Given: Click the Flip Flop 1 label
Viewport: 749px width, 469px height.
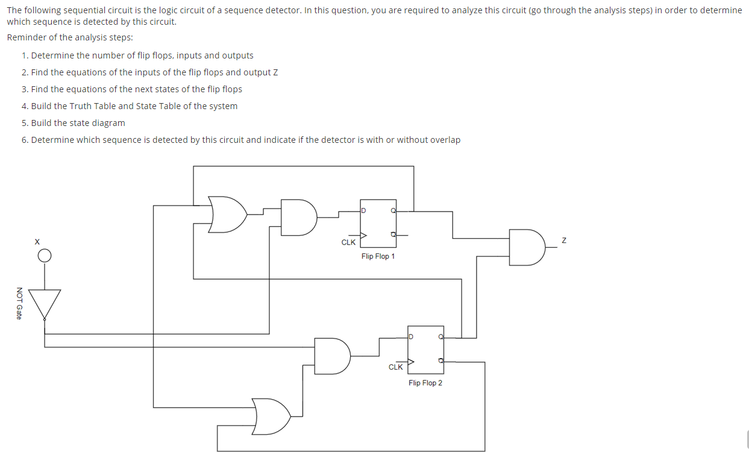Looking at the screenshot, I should click(x=378, y=256).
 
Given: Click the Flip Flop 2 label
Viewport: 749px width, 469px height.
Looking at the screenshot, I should click(x=425, y=383).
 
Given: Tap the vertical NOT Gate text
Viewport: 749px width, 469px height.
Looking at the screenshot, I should click(x=19, y=303).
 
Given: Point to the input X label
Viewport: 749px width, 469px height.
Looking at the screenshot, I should click(x=37, y=241).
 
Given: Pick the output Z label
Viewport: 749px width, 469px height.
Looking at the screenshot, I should click(x=563, y=241).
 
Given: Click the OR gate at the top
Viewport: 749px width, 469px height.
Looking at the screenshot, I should click(x=227, y=214).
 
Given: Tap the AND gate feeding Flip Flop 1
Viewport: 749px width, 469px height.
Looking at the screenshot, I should click(x=298, y=217).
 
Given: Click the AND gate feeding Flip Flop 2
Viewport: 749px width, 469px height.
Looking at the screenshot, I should click(x=332, y=356).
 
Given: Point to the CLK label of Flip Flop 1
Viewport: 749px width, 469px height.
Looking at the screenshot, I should click(x=348, y=242).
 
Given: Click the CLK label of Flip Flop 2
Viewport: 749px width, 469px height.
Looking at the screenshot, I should click(x=395, y=367).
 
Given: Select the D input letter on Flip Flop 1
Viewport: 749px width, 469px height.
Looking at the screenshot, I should click(x=364, y=210).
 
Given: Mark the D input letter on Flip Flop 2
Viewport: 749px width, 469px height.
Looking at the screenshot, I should click(x=411, y=336).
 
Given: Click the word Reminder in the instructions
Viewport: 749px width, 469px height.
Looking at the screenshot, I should click(x=26, y=37).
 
